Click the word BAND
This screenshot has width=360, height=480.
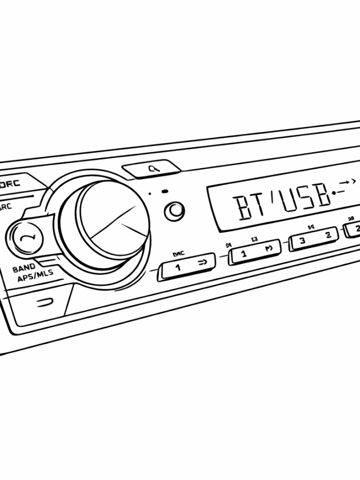click(24, 268)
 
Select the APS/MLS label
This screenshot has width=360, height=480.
click(35, 276)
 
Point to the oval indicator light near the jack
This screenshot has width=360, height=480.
click(165, 192)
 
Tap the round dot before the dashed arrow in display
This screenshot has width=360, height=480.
click(335, 193)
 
